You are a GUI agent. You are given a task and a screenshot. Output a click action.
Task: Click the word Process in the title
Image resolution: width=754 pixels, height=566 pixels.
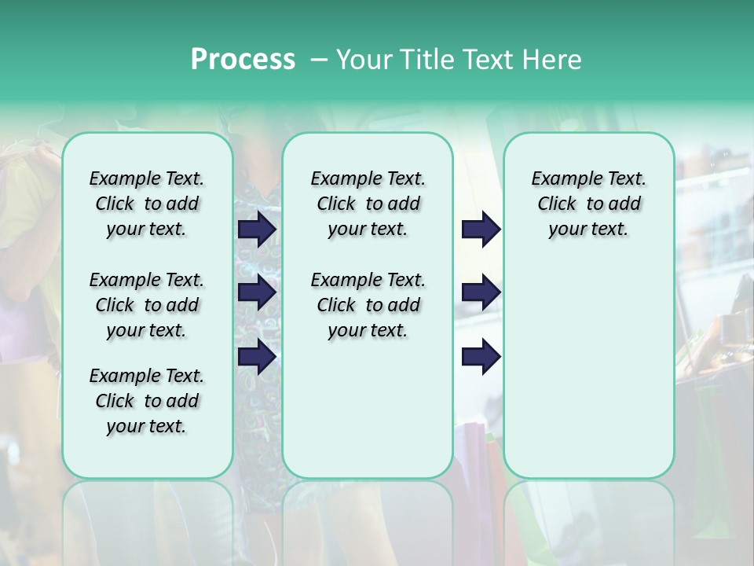pos(243,60)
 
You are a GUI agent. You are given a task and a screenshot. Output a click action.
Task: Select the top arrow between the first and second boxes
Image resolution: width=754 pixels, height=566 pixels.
pos(257,230)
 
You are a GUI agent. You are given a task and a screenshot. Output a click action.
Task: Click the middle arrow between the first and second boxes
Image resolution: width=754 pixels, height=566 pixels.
pos(257,292)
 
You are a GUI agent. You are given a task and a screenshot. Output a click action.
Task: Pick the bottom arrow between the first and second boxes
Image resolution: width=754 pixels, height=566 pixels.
pos(257,356)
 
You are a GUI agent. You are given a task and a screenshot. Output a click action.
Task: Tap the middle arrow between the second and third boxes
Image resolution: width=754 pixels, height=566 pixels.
pos(481,292)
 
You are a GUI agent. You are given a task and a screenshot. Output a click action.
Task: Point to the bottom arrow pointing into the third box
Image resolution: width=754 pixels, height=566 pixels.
pos(481,356)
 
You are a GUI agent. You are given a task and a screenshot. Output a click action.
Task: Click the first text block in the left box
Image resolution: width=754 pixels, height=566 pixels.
pos(147,204)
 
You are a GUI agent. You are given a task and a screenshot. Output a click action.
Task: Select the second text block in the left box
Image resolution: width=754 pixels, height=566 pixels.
pos(147,305)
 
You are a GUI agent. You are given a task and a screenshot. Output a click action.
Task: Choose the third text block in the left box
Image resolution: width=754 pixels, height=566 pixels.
pos(147,401)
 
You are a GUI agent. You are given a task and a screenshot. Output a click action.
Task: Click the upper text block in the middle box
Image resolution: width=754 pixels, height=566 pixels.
pos(368,204)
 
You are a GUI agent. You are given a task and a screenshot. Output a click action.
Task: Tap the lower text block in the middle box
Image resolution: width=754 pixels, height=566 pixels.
pos(368,305)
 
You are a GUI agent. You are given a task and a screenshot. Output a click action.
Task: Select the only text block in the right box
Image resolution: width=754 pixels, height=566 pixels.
pos(588,204)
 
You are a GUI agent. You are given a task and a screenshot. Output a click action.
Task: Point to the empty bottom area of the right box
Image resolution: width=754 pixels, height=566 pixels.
pos(588,377)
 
